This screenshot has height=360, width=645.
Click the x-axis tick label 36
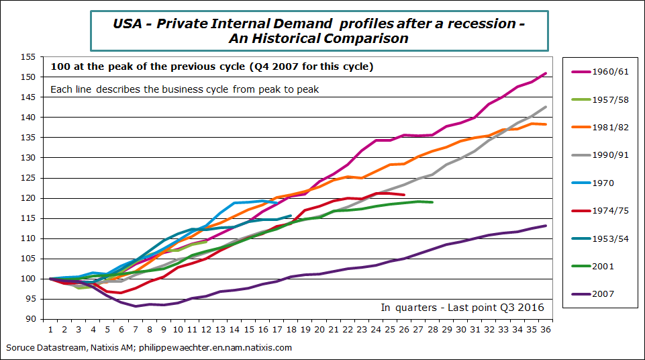[544, 330]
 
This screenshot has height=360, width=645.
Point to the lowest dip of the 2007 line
[136, 306]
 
